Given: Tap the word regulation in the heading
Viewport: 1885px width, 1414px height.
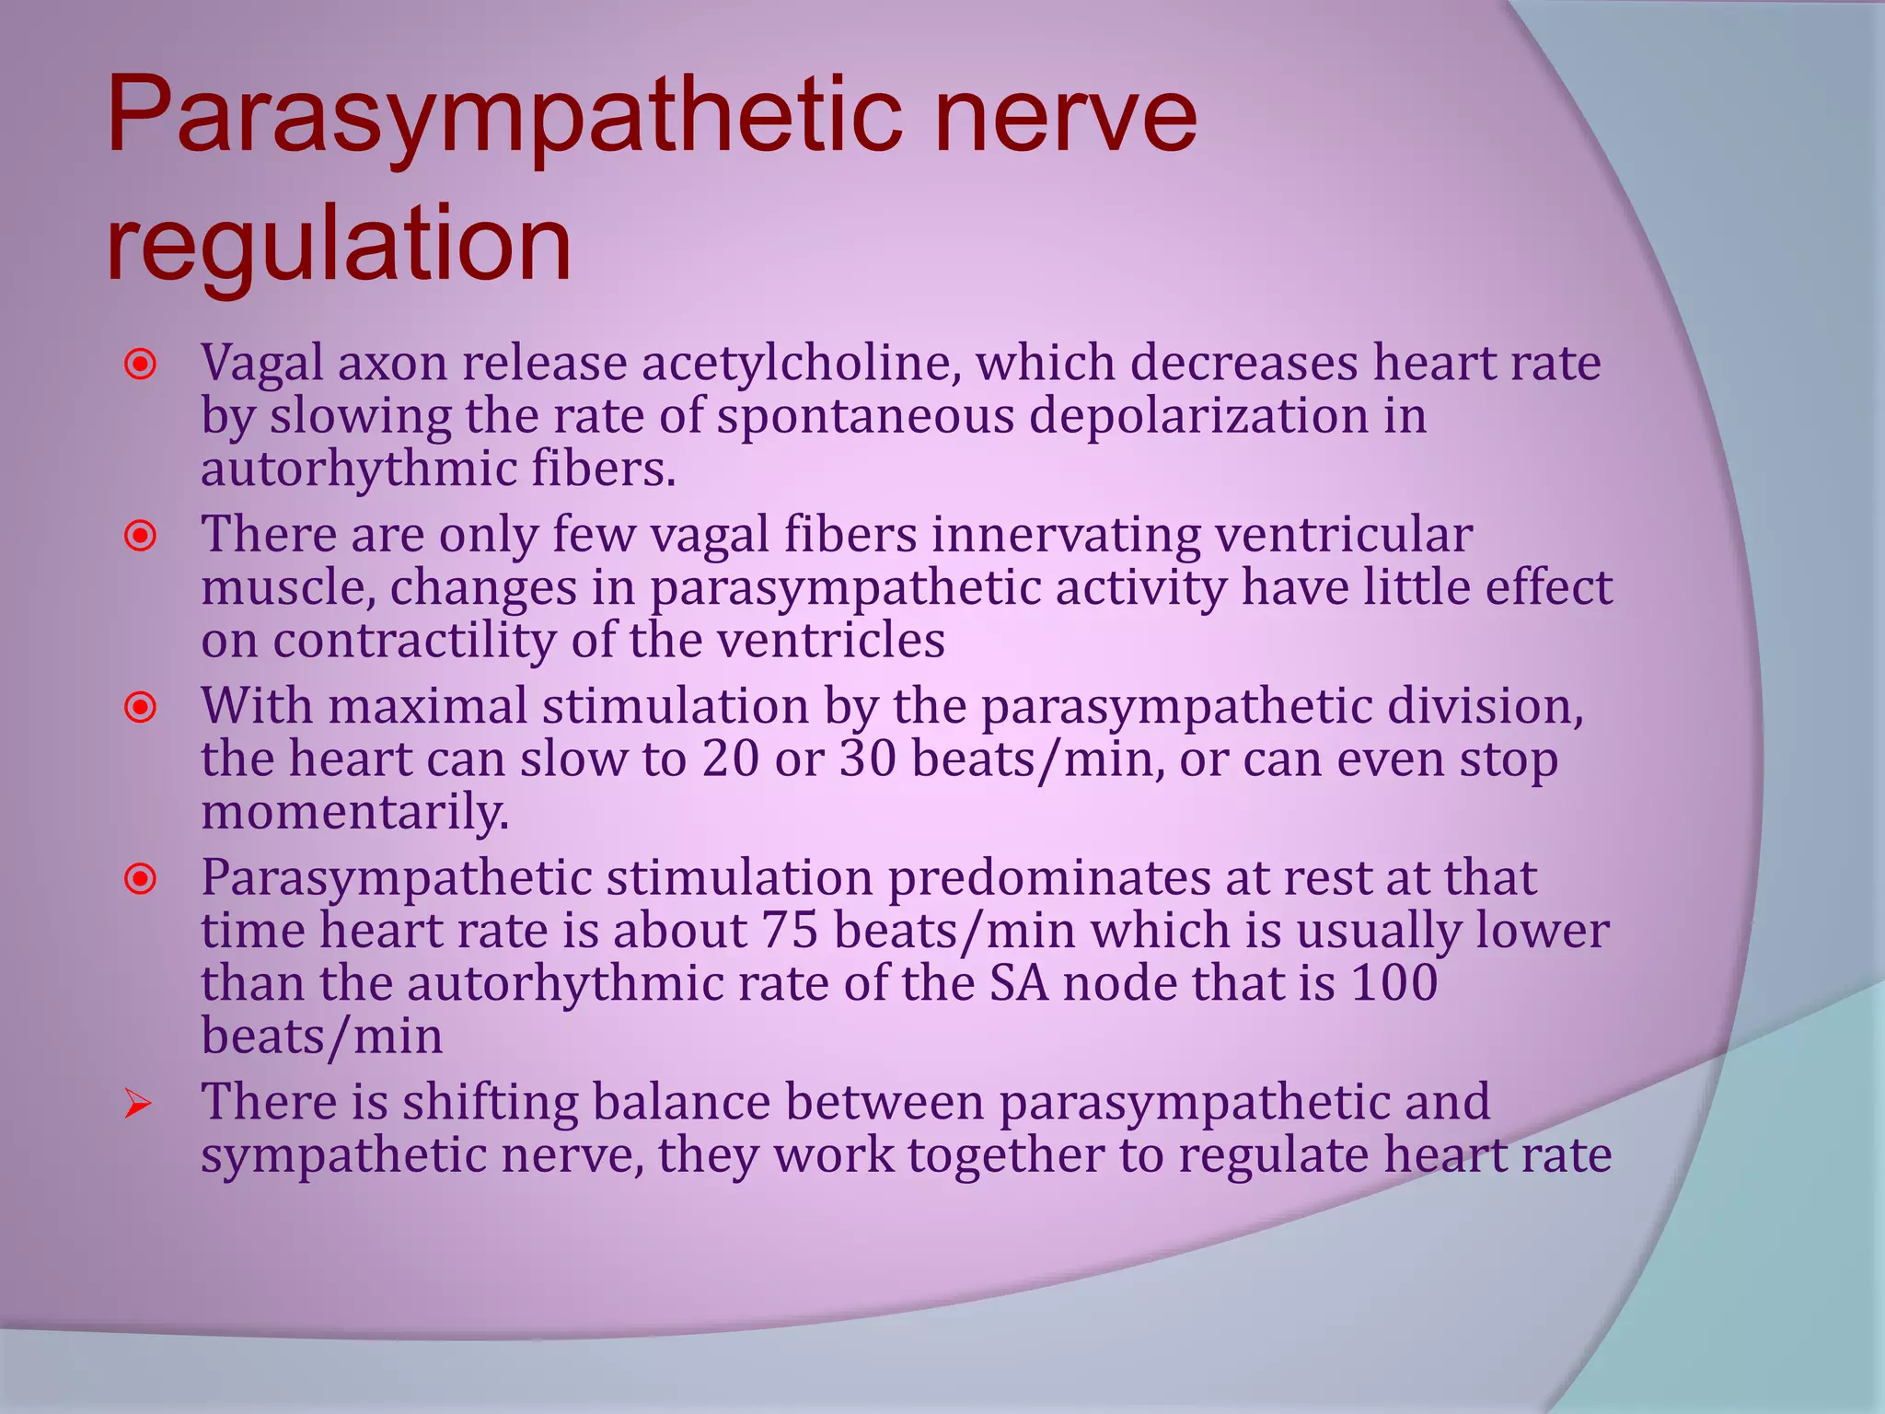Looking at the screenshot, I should [x=339, y=245].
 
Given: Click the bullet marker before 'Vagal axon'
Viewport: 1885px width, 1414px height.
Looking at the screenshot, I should [x=141, y=365].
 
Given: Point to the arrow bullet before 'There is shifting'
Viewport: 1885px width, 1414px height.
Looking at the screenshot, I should [x=138, y=1104].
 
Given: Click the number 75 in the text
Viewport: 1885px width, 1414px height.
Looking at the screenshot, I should [x=790, y=930].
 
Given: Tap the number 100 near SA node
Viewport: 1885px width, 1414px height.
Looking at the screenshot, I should [x=1394, y=982].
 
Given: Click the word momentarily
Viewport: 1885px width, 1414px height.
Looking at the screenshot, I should [x=354, y=813].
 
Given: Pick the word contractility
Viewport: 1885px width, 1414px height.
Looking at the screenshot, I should [x=415, y=641].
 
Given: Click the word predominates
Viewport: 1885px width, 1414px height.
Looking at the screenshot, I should [x=1048, y=877].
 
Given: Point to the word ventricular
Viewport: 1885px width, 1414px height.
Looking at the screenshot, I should [x=1344, y=535].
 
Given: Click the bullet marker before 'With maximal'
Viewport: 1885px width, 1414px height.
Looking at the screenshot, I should [x=141, y=708].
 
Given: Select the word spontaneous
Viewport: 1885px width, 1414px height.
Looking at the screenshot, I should [x=865, y=416].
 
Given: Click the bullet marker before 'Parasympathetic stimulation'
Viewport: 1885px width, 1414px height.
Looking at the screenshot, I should [x=141, y=879].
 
